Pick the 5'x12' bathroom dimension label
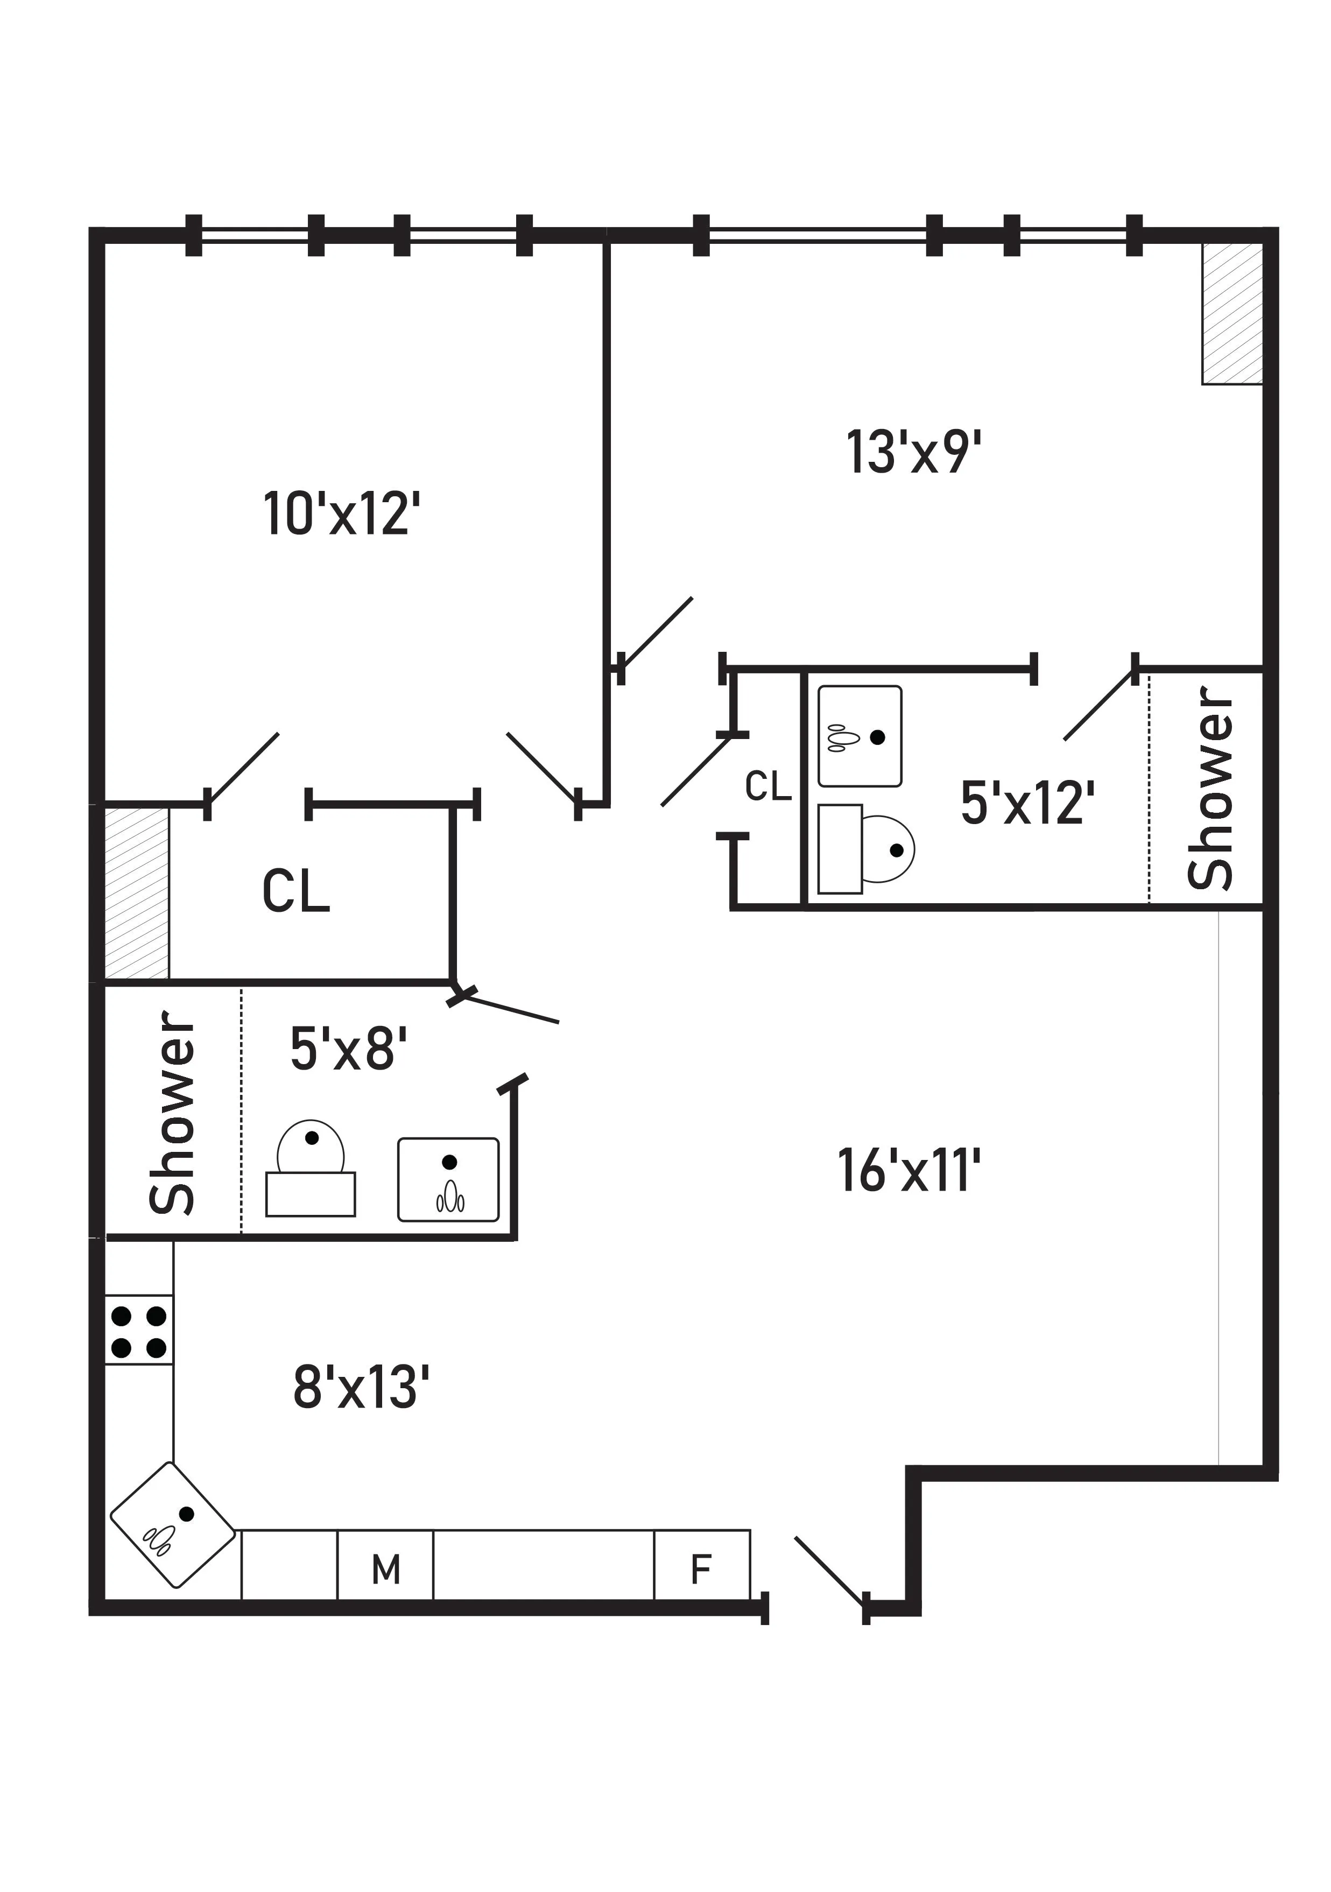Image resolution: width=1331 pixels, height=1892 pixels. (x=1027, y=803)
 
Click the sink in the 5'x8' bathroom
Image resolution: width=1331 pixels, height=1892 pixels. (x=448, y=1179)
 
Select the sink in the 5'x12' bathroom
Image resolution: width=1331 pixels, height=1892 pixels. (x=860, y=736)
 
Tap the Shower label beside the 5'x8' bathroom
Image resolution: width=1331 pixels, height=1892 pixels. (x=172, y=1114)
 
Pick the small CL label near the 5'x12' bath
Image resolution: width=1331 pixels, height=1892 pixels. (x=768, y=787)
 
